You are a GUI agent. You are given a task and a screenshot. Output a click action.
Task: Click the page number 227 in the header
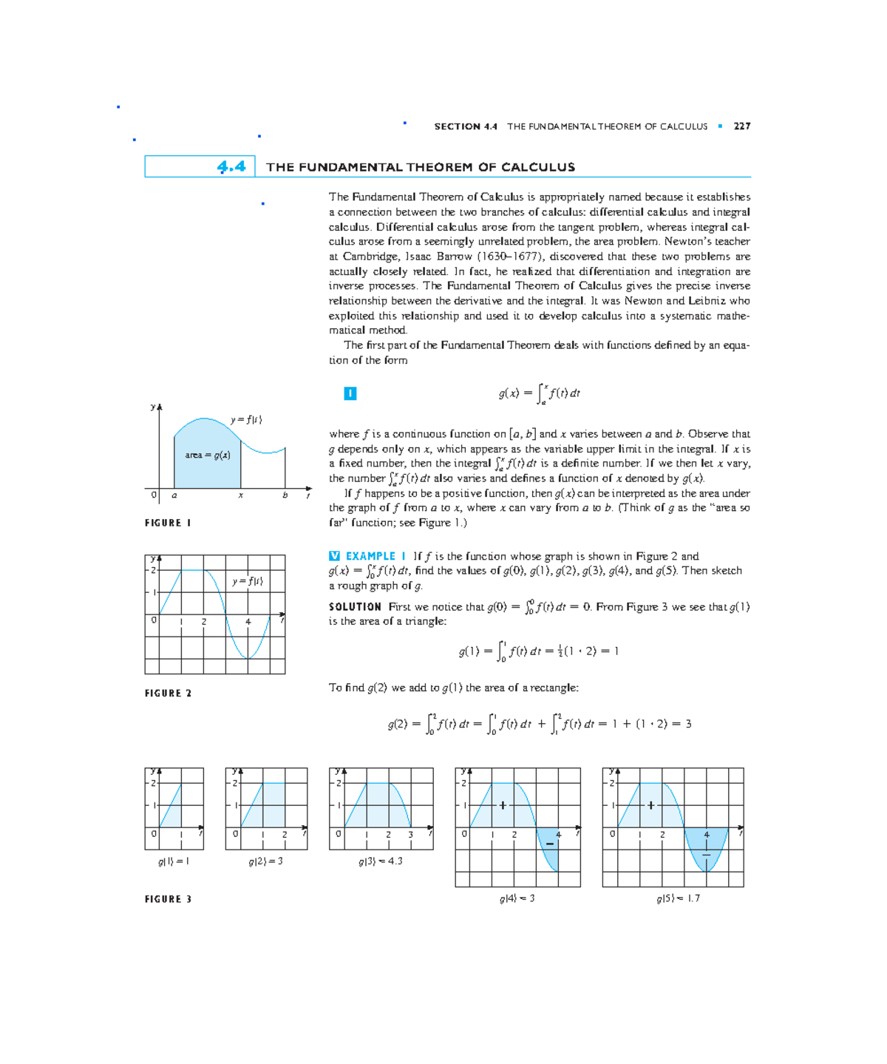[741, 126]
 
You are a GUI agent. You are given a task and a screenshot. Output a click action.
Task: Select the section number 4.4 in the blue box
[231, 167]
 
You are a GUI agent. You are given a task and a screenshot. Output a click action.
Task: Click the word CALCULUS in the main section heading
[537, 167]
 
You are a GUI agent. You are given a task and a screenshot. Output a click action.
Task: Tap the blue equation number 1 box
[350, 393]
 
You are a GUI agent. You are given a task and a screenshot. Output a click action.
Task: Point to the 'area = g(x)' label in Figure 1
[207, 455]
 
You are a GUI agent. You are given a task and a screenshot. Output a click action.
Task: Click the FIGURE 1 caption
[168, 523]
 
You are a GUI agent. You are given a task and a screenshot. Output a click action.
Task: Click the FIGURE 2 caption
[168, 693]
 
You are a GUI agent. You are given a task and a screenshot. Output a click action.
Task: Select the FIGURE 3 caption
[168, 899]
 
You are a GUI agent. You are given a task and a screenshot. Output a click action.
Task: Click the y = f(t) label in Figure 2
[247, 581]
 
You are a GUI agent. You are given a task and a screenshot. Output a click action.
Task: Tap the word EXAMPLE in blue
[370, 556]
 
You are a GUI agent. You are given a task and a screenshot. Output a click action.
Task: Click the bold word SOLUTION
[355, 607]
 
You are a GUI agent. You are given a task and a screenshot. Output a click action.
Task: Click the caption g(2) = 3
[265, 861]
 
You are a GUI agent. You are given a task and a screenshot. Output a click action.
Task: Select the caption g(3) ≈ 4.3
[380, 861]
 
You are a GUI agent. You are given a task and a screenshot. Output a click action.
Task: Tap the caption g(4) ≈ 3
[517, 898]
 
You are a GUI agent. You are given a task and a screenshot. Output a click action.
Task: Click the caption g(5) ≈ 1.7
[677, 898]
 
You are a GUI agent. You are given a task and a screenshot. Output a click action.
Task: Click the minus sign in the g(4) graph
[549, 844]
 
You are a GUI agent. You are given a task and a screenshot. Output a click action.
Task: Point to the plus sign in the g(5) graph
[650, 805]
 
